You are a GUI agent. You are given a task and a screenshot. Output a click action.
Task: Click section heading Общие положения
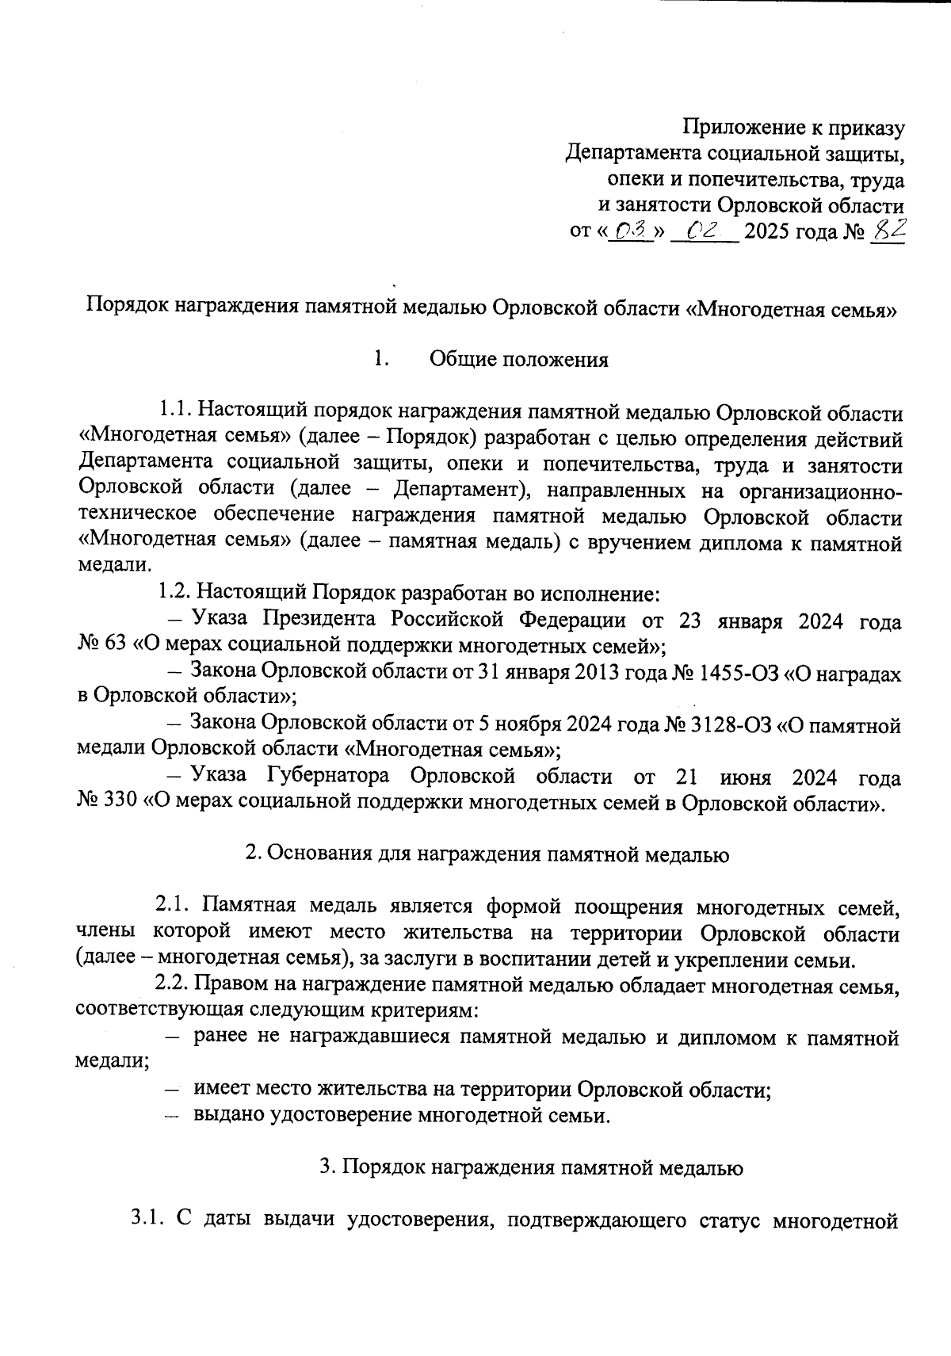coord(518,360)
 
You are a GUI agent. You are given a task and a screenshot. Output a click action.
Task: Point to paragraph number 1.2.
coord(174,592)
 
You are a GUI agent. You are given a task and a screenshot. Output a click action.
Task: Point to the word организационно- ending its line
coord(819,491)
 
